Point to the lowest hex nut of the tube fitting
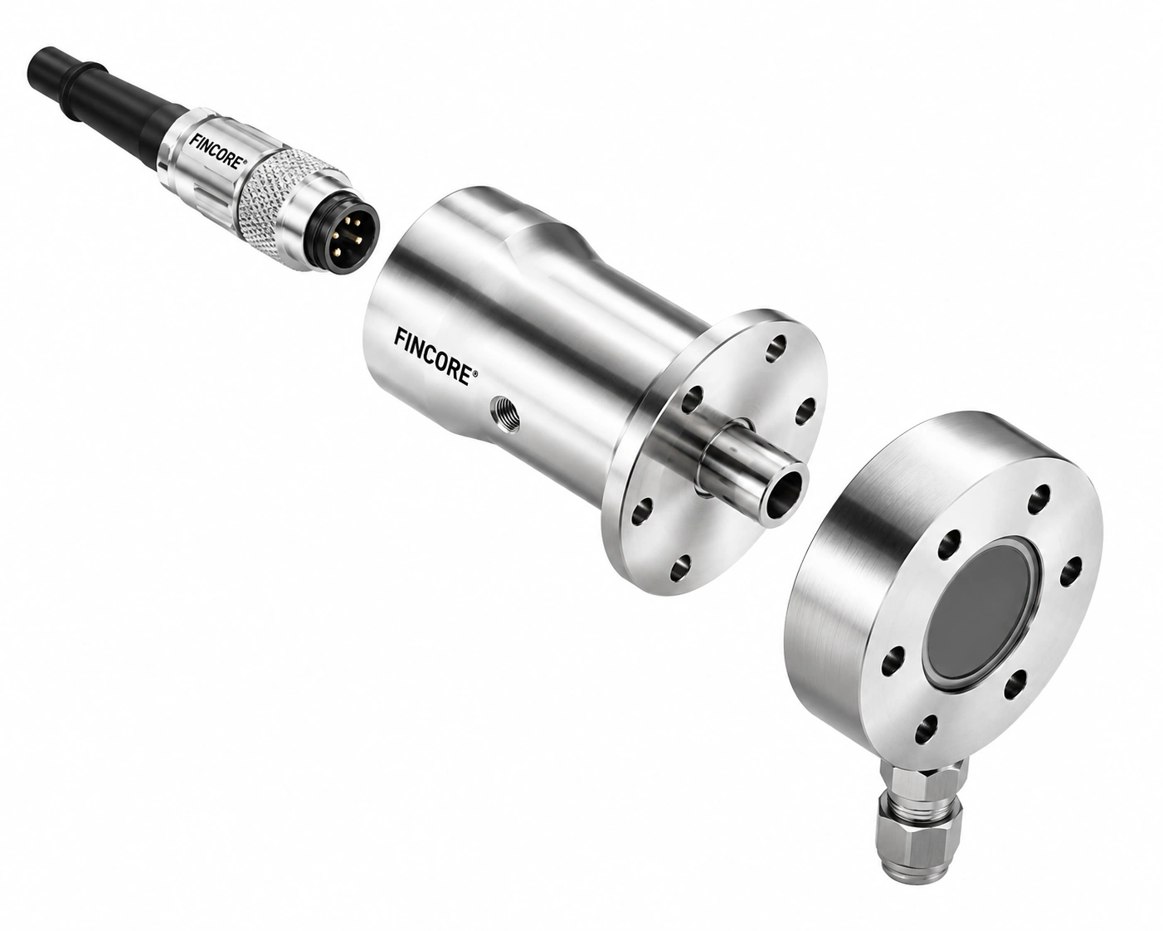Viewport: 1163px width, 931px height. (x=914, y=853)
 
